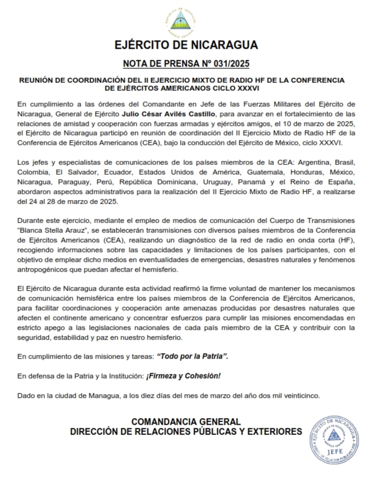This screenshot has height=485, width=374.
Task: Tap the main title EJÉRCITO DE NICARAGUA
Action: coord(186,45)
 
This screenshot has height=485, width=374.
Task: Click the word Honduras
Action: coord(308,173)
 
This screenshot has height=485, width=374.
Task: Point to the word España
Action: coord(342,182)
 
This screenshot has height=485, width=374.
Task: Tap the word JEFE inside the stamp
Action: coord(335,452)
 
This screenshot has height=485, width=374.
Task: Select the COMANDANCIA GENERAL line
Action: coord(186,422)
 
